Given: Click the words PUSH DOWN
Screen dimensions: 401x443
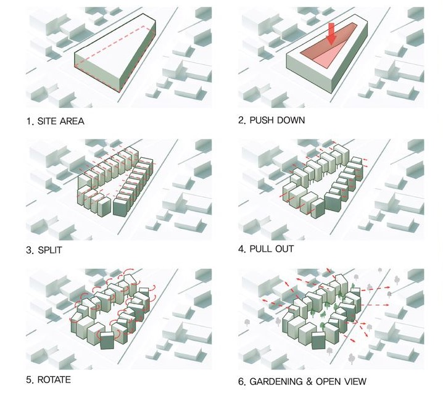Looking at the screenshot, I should [x=277, y=121].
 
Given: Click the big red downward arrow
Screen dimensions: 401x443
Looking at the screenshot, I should [x=332, y=33].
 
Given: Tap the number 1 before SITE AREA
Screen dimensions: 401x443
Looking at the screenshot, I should [x=28, y=121].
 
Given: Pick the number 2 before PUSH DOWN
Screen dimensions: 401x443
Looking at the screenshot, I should [x=241, y=121].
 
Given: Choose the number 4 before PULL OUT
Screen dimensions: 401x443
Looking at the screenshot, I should [x=241, y=249].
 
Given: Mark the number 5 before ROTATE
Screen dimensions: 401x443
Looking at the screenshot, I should [x=28, y=379].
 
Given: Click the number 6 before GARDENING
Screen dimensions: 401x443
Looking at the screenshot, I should [x=241, y=381].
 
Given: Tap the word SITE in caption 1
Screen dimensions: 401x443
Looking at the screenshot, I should [x=48, y=121].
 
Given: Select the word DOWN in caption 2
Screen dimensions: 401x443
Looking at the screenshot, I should [x=291, y=121].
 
